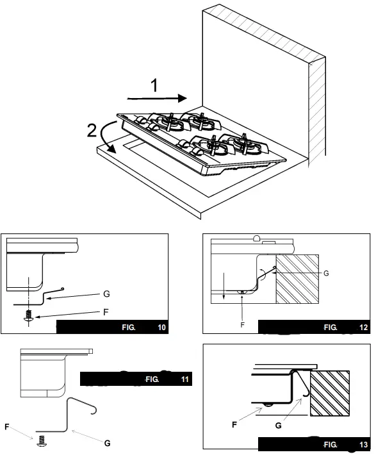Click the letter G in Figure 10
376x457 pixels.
coord(106,294)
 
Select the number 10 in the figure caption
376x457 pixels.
coord(161,327)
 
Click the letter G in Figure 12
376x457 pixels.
coord(325,274)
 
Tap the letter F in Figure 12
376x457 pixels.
coord(242,324)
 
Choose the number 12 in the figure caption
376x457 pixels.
coord(364,327)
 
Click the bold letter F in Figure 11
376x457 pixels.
coord(7,425)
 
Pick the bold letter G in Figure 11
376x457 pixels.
coord(107,443)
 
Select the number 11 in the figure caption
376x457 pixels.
coord(184,380)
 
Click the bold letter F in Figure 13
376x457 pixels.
coord(234,424)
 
